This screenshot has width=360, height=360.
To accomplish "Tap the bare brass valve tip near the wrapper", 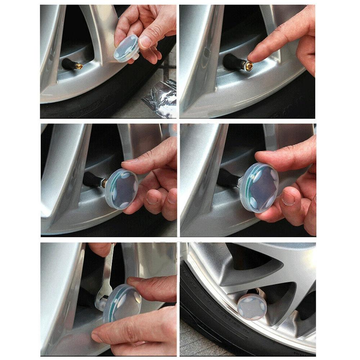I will click(79, 66).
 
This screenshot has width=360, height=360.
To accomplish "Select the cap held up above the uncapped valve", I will click(126, 47).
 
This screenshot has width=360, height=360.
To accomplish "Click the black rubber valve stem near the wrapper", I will click(68, 64).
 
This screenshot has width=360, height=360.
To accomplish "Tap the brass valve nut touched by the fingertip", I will click(248, 66).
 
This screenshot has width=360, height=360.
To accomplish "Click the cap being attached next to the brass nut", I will click(121, 189).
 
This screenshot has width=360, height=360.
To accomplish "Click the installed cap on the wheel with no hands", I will click(252, 306).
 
